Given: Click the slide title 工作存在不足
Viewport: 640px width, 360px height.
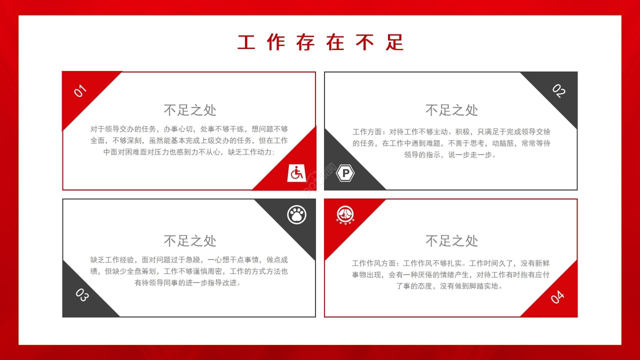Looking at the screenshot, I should tap(320, 42).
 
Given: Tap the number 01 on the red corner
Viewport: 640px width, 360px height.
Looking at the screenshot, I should tap(80, 91).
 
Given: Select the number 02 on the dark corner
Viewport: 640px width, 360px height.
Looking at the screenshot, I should tap(558, 91).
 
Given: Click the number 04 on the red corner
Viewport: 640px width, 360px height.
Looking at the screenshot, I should tap(557, 296).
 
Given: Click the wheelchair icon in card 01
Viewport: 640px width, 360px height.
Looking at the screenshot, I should tap(296, 173).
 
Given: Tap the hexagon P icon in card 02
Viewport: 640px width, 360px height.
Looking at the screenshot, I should tap(345, 173).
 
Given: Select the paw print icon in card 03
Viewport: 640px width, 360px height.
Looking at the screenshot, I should tap(297, 215).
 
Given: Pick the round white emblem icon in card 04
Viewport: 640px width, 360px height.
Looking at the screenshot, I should tap(345, 215).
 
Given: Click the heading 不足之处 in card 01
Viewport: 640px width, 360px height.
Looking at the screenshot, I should tap(190, 110).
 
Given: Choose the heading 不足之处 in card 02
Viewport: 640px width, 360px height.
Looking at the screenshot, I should tap(451, 110).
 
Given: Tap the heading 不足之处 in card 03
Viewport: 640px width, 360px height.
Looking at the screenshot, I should tap(190, 241).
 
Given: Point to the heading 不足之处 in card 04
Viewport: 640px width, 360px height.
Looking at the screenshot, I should tap(451, 241).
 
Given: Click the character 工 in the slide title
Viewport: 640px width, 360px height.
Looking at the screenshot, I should tap(246, 43).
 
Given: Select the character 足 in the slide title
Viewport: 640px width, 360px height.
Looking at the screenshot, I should tap(394, 43).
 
